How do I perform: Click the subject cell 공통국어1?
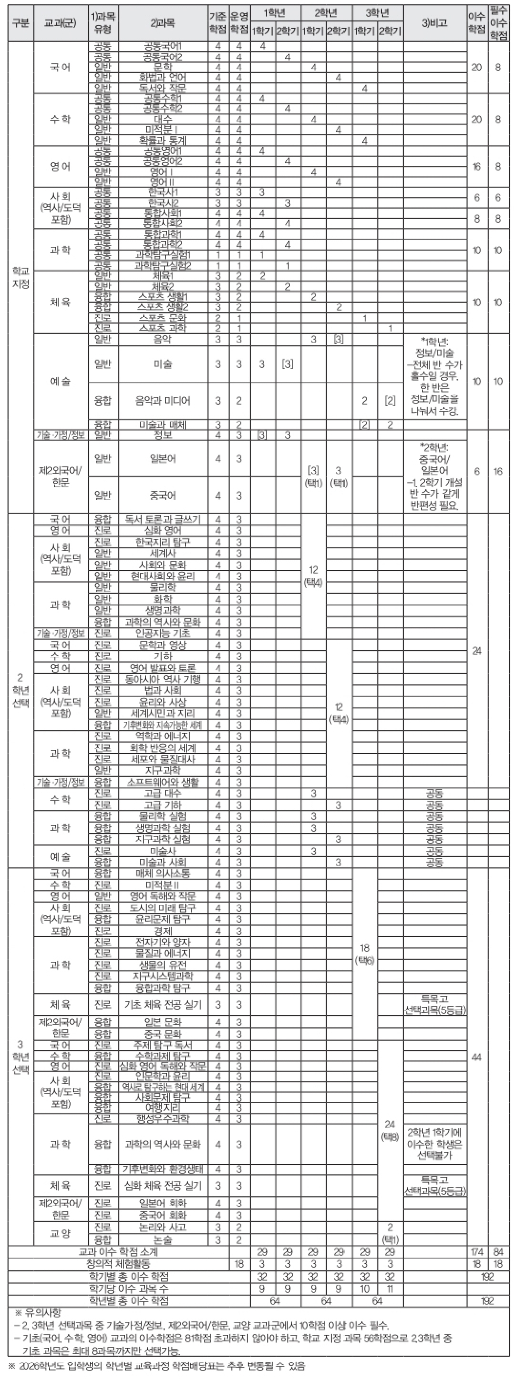(163, 46)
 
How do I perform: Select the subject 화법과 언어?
(163, 77)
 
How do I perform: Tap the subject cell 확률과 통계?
(163, 140)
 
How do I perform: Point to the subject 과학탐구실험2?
(163, 265)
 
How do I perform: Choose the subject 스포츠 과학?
(163, 328)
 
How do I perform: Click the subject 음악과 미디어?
(163, 401)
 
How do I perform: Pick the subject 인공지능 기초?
(163, 633)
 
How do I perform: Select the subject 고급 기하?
(163, 805)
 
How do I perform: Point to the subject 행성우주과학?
(163, 1118)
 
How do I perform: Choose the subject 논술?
(163, 1240)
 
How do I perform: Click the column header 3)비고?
(434, 23)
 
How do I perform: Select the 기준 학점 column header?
(217, 23)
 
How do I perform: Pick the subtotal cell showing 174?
(476, 1252)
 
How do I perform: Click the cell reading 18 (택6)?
(364, 955)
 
